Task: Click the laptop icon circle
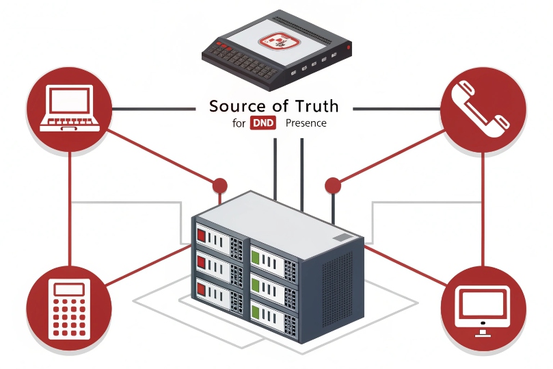68,108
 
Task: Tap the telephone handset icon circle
484,107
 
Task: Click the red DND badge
264,124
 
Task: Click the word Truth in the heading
316,106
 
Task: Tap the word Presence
306,124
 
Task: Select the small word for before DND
239,124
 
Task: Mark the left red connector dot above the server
219,186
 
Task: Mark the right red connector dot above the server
332,185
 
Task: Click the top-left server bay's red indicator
202,236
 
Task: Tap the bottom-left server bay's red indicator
202,287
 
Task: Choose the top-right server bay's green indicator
256,258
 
